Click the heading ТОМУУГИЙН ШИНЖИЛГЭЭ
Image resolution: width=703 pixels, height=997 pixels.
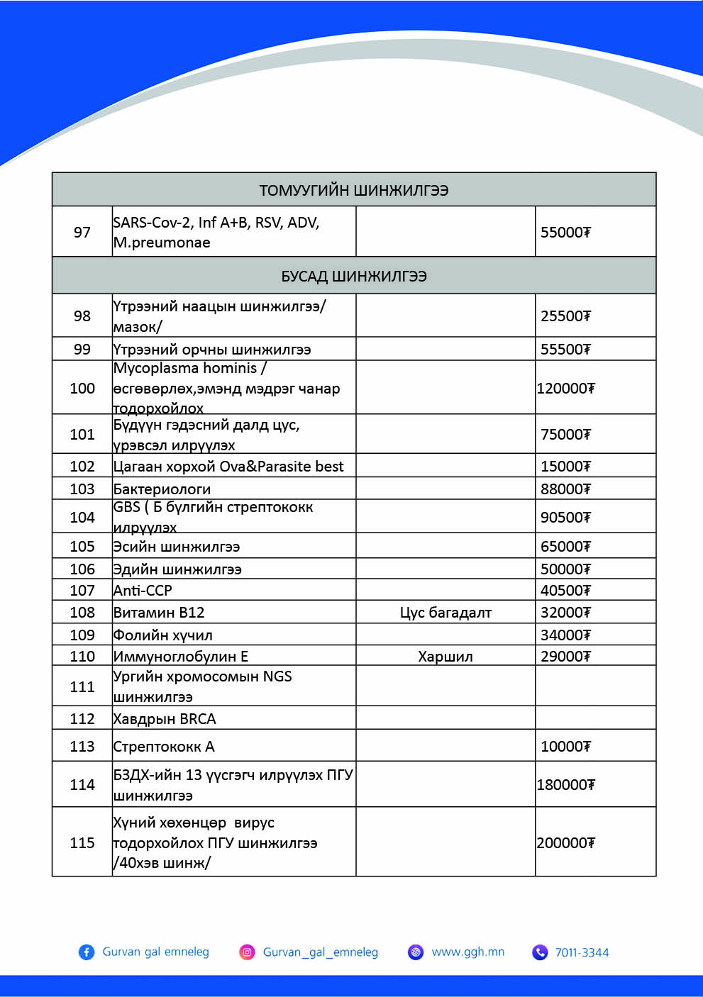(x=353, y=190)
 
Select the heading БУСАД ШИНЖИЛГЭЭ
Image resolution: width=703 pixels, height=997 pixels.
(x=353, y=276)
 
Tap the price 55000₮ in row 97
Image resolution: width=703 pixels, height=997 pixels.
(x=565, y=233)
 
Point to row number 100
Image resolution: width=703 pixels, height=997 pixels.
(x=82, y=389)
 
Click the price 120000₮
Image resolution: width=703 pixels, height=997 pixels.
(x=565, y=389)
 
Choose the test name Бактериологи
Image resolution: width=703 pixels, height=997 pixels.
(x=162, y=489)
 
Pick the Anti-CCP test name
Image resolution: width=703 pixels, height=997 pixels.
(x=143, y=591)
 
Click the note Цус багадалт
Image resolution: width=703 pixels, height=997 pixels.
(x=445, y=613)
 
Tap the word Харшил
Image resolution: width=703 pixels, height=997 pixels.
(x=445, y=657)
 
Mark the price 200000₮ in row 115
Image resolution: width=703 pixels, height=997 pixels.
(x=565, y=843)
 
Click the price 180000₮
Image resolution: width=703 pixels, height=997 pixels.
(x=565, y=785)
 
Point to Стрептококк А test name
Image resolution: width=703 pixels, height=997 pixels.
(x=164, y=747)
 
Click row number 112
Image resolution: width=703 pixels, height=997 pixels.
(x=82, y=719)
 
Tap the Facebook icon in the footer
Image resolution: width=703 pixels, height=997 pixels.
(x=87, y=952)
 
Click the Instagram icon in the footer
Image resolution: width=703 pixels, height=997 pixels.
(x=247, y=952)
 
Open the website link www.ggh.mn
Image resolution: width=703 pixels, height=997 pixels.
(x=467, y=952)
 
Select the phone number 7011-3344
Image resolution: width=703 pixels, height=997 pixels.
(x=582, y=952)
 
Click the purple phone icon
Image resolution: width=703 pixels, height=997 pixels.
(x=540, y=952)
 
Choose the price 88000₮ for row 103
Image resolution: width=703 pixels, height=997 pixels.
(x=565, y=489)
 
